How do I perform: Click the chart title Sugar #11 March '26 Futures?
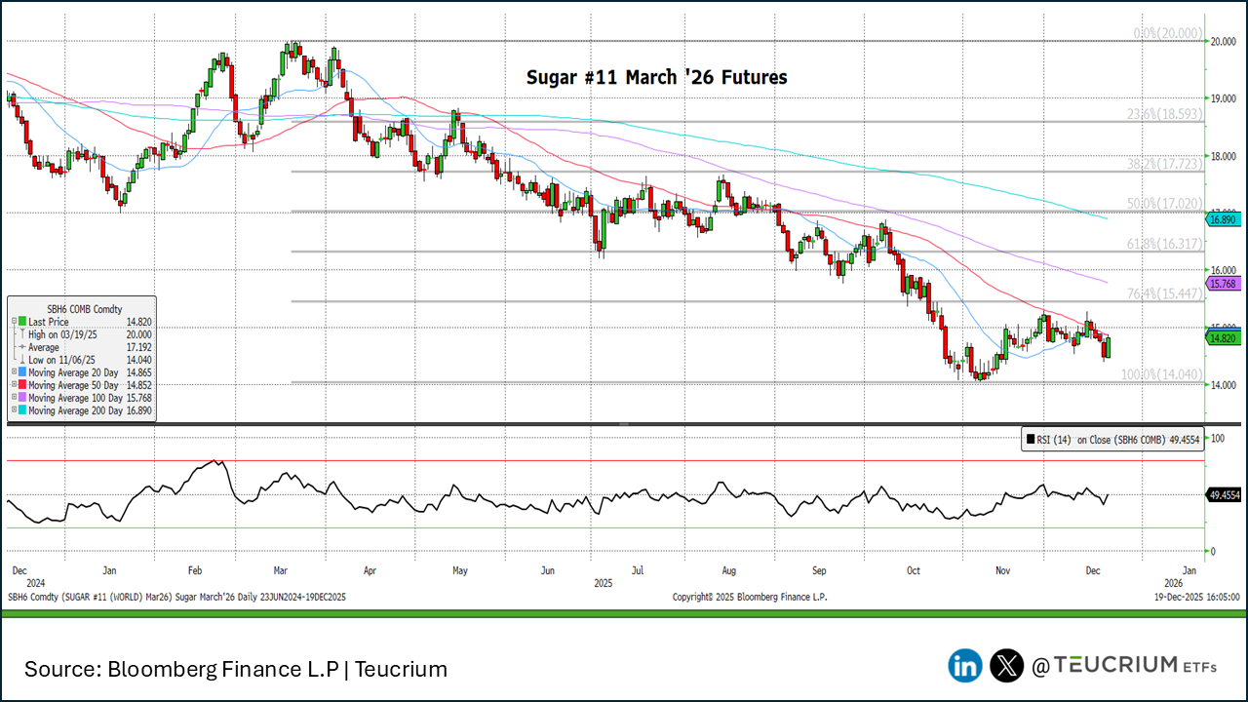tap(656, 76)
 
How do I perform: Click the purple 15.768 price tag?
tap(1223, 283)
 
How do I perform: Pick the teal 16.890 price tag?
tap(1223, 219)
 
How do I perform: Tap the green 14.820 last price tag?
tap(1223, 338)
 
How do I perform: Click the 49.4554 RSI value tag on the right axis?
tap(1224, 495)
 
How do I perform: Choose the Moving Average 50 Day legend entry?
tap(76, 385)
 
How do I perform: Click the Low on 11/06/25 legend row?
tap(61, 360)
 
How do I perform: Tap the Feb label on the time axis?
tap(194, 568)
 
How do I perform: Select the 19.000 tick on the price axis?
tap(1223, 98)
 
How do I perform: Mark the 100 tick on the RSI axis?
tap(1215, 439)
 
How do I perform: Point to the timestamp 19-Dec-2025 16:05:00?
tap(1196, 596)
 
